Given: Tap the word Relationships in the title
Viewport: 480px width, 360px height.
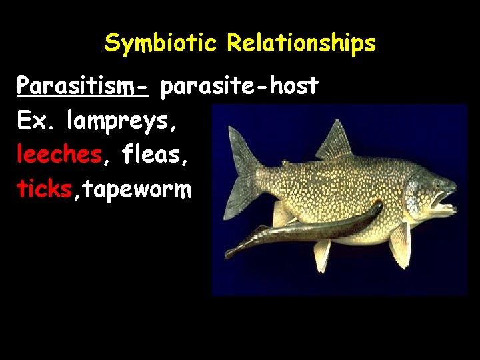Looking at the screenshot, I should [301, 44].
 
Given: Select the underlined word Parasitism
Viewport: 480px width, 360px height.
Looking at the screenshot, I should [81, 87].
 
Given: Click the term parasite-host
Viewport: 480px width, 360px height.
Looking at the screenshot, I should [239, 87].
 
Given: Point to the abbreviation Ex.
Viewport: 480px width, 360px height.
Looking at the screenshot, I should [38, 121].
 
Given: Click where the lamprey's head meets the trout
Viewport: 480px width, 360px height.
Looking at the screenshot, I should [379, 208].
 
